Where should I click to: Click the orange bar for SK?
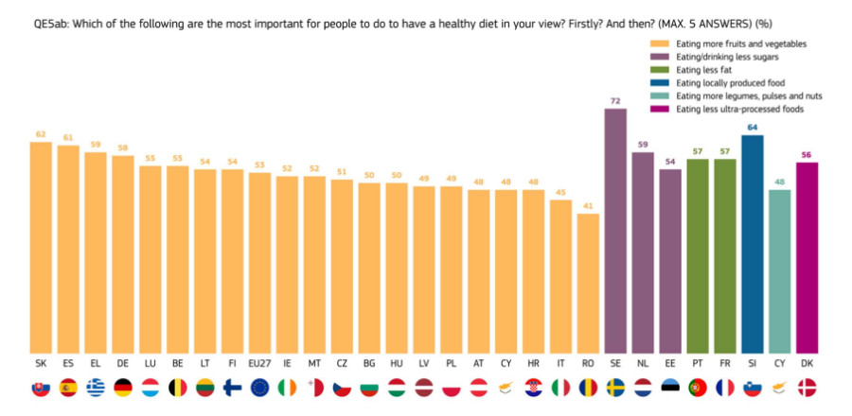41,248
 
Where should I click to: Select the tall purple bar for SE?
615,231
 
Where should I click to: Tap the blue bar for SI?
752,245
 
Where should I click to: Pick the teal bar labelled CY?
780,271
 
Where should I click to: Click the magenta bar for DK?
807,258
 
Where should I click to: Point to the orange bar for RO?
588,284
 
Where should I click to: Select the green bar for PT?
698,256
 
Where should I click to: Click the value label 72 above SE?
615,101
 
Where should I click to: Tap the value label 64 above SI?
752,128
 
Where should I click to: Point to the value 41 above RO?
588,206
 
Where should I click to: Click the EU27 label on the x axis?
259,364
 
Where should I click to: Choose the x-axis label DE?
123,364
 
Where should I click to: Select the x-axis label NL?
643,364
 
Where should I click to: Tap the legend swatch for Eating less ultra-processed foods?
660,110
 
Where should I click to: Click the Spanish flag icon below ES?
68,388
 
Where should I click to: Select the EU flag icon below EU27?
259,388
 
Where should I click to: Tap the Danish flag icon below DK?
807,388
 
